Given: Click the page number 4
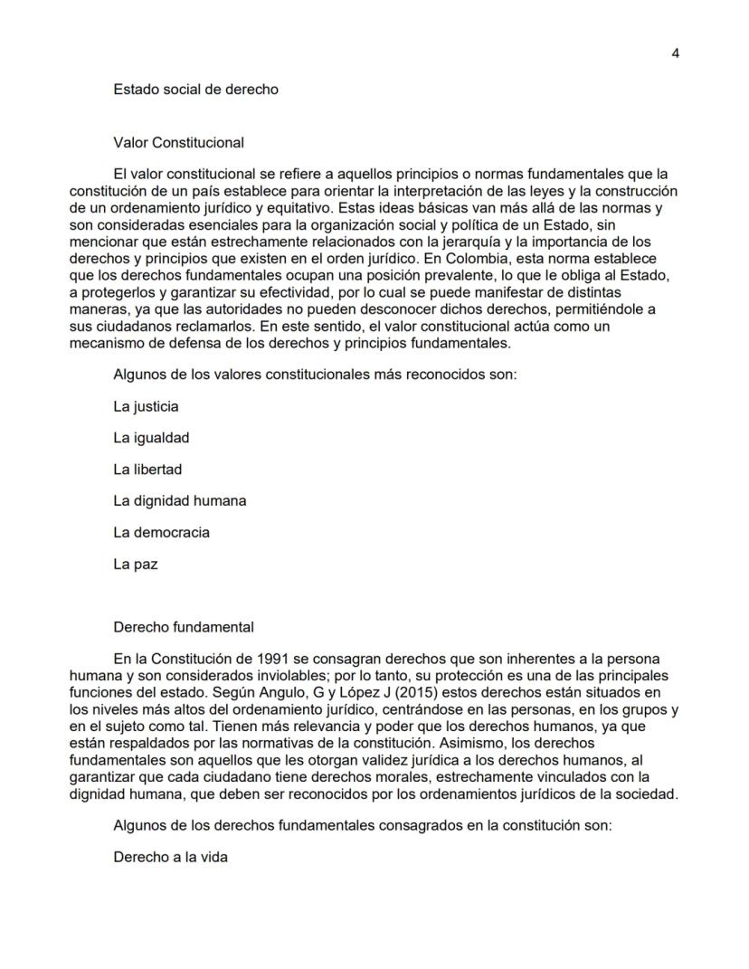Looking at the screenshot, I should click(x=676, y=52).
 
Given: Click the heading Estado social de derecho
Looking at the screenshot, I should click(x=195, y=90).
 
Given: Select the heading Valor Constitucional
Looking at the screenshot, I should click(x=179, y=142).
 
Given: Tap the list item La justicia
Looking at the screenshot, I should click(x=146, y=406).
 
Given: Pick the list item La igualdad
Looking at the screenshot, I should click(x=151, y=438).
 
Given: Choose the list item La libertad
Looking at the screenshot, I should click(x=147, y=469).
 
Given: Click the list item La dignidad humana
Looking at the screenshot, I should click(x=180, y=500).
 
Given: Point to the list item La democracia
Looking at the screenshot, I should click(x=161, y=532).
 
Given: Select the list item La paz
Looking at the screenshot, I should click(x=136, y=563).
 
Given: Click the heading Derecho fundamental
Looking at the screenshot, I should click(x=184, y=626).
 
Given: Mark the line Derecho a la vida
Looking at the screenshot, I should click(x=170, y=857).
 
